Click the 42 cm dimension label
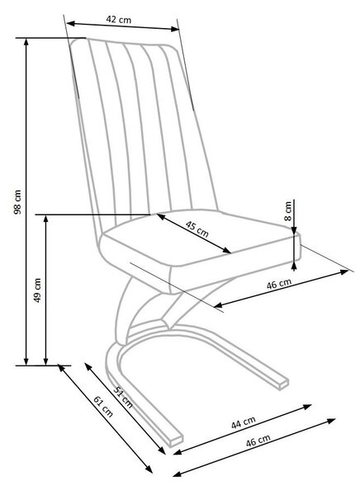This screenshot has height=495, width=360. [x=119, y=20]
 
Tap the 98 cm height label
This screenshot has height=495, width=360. [x=17, y=202]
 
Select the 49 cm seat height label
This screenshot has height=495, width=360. [x=37, y=290]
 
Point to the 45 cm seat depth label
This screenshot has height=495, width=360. [x=197, y=229]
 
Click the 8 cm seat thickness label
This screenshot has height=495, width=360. [x=287, y=211]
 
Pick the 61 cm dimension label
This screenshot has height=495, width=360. [x=103, y=406]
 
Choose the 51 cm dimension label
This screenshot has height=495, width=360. [x=123, y=397]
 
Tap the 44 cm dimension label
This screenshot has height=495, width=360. [x=243, y=422]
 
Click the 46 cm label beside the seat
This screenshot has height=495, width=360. [x=279, y=284]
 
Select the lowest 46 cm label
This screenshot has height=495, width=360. [x=258, y=441]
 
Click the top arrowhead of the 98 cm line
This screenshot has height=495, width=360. [x=26, y=42]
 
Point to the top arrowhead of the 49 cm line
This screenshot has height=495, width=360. [x=46, y=219]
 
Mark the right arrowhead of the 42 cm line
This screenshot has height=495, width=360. [x=175, y=30]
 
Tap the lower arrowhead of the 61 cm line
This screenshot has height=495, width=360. [x=149, y=469]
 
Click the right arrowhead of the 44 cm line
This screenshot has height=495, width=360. [x=308, y=406]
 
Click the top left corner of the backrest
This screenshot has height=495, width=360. [x=72, y=41]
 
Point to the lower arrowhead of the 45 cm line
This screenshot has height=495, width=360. [x=227, y=251]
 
